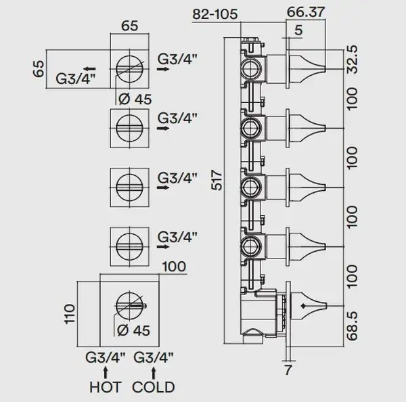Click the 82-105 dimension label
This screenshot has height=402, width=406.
215,14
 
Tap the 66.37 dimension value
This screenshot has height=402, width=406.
306,12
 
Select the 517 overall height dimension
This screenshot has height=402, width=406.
217,180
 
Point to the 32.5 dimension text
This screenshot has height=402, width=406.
352,60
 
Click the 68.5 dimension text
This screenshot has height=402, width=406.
352,326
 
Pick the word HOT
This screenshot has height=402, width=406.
105,388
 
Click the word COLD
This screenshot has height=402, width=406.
154,388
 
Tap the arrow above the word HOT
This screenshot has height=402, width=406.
105,374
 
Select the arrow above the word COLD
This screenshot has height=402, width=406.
154,374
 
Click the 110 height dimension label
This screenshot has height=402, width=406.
70,314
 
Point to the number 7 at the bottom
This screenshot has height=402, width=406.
288,370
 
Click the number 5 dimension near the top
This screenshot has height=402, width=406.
298,30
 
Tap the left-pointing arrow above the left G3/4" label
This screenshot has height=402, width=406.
89,68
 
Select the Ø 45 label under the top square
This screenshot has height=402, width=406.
135,99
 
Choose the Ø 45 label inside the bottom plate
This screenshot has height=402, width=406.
133,330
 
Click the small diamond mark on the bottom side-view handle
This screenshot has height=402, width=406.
303,306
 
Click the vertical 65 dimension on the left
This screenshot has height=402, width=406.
39,68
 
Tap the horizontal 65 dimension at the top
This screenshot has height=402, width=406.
130,26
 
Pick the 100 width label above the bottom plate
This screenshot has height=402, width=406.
174,267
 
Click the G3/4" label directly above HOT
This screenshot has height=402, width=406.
105,358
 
